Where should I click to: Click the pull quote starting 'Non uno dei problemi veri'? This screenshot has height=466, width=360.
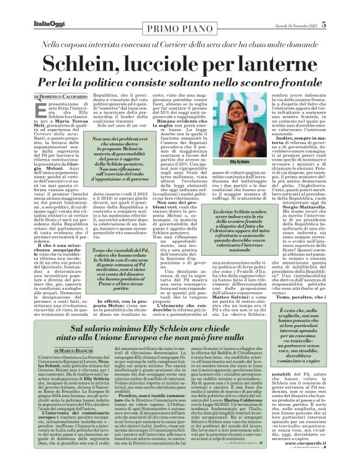(x=119, y=163)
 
